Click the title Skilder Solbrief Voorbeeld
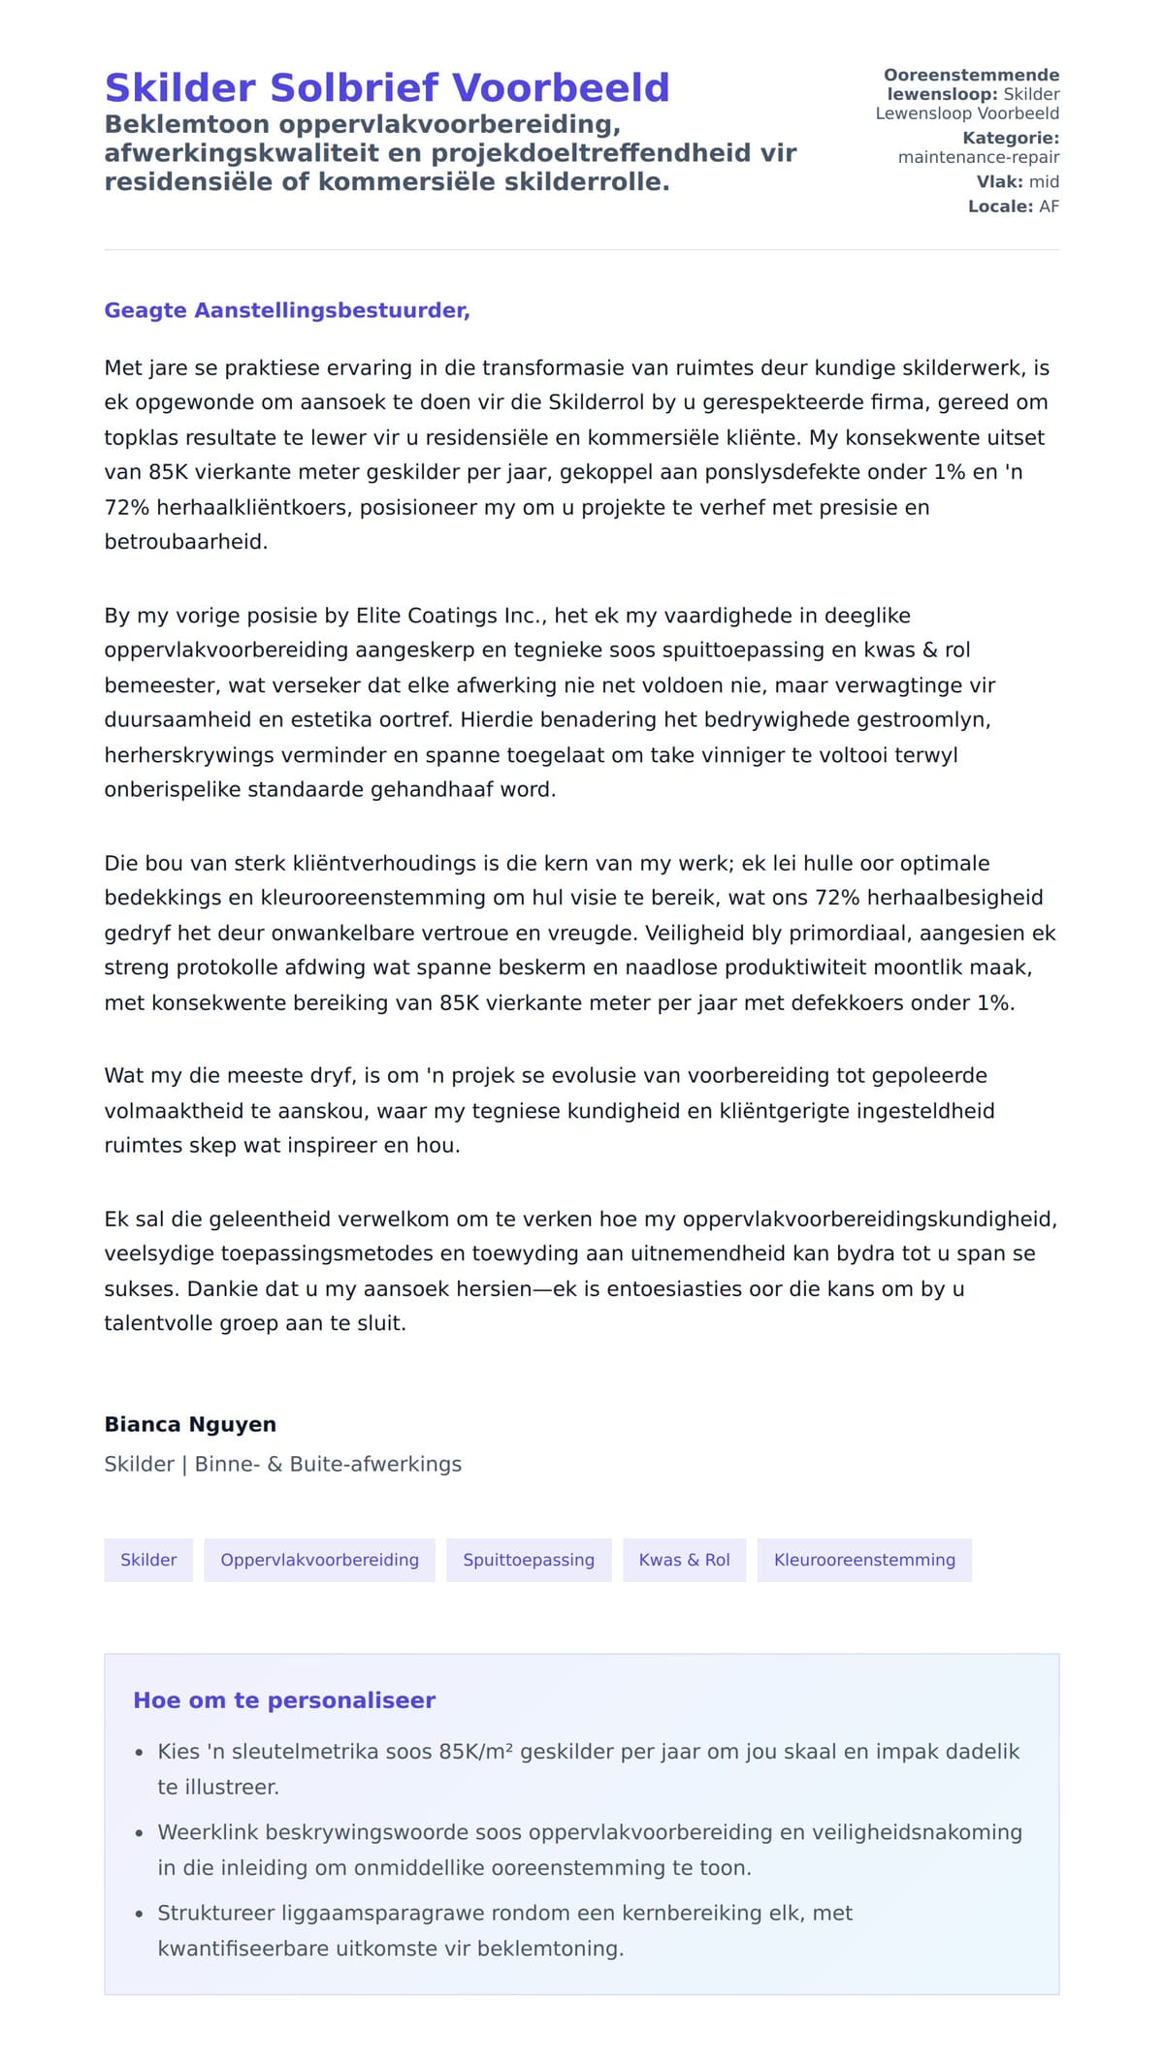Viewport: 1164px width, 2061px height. pyautogui.click(x=386, y=88)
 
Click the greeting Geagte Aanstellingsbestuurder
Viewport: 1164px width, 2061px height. pyautogui.click(x=287, y=310)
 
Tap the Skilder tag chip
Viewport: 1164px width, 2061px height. pyautogui.click(x=148, y=1560)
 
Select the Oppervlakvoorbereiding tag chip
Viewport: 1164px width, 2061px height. pyautogui.click(x=319, y=1560)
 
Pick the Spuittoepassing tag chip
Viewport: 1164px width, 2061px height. pyautogui.click(x=529, y=1560)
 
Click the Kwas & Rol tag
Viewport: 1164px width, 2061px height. pyautogui.click(x=684, y=1560)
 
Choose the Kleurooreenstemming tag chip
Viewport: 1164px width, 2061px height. pyautogui.click(x=864, y=1560)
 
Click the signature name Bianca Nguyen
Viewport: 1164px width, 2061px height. pyautogui.click(x=190, y=1424)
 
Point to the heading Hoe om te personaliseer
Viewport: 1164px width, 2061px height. pyautogui.click(x=284, y=1700)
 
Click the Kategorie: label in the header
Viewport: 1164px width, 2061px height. pyautogui.click(x=1010, y=139)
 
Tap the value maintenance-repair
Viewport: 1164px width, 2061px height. pyautogui.click(x=978, y=157)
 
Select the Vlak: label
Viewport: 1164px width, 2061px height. pyautogui.click(x=999, y=182)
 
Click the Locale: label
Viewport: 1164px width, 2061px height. pyautogui.click(x=1000, y=206)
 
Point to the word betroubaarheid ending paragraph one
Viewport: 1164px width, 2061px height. pyautogui.click(x=184, y=542)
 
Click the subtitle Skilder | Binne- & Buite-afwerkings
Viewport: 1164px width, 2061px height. pyautogui.click(x=282, y=1464)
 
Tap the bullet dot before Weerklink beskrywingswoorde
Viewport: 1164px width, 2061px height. pyautogui.click(x=139, y=1833)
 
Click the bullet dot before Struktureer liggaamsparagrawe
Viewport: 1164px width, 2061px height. pyautogui.click(x=139, y=1914)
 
